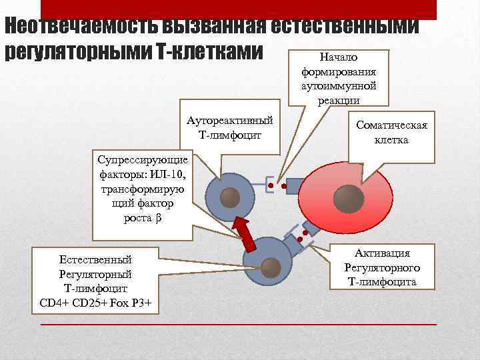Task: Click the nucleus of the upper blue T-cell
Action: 230,197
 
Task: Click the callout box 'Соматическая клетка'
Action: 391,133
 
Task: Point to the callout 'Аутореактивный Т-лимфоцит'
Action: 229,127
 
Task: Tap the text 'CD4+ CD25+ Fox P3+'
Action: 96,303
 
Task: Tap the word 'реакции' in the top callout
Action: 339,100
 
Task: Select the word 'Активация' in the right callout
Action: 382,253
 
